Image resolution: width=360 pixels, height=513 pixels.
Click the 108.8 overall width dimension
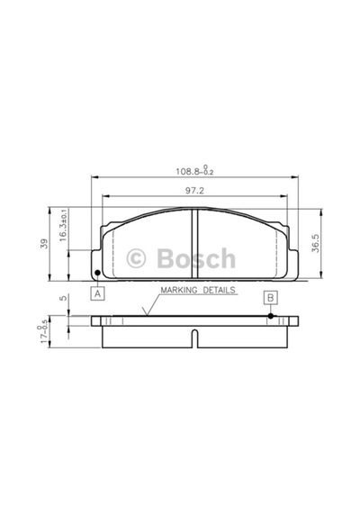(x=194, y=171)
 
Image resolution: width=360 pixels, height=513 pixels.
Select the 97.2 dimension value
(x=194, y=191)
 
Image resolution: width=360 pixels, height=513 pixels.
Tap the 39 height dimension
(x=44, y=244)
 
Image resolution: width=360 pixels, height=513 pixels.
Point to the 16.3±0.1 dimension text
(x=63, y=225)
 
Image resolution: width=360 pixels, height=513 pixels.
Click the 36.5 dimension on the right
(x=316, y=242)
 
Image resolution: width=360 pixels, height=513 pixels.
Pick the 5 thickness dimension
(x=64, y=298)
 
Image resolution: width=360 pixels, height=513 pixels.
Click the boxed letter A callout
(x=97, y=293)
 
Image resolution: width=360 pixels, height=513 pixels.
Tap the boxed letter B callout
(x=271, y=298)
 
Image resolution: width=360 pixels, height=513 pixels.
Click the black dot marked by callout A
(x=97, y=273)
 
